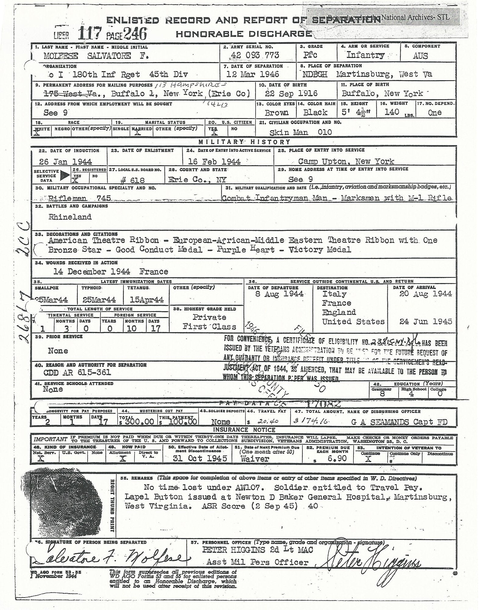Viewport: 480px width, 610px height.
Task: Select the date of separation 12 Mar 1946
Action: click(x=253, y=74)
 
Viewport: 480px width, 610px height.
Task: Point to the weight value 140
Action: click(x=392, y=112)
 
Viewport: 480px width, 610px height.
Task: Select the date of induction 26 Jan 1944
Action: click(x=66, y=162)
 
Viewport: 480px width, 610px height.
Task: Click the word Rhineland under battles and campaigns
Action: click(x=70, y=217)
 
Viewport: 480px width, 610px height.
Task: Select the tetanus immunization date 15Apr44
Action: click(x=146, y=300)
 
